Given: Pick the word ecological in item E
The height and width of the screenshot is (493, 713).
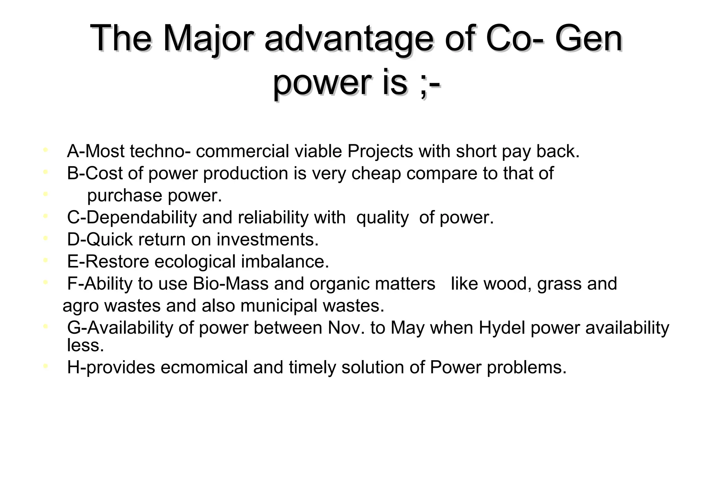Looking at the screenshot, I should pyautogui.click(x=195, y=262).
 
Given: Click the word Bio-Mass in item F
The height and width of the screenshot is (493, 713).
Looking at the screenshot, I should pyautogui.click(x=230, y=284).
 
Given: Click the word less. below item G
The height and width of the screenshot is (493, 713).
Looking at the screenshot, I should pyautogui.click(x=85, y=345).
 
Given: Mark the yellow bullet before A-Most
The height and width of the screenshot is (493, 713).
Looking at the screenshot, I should pyautogui.click(x=45, y=150).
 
